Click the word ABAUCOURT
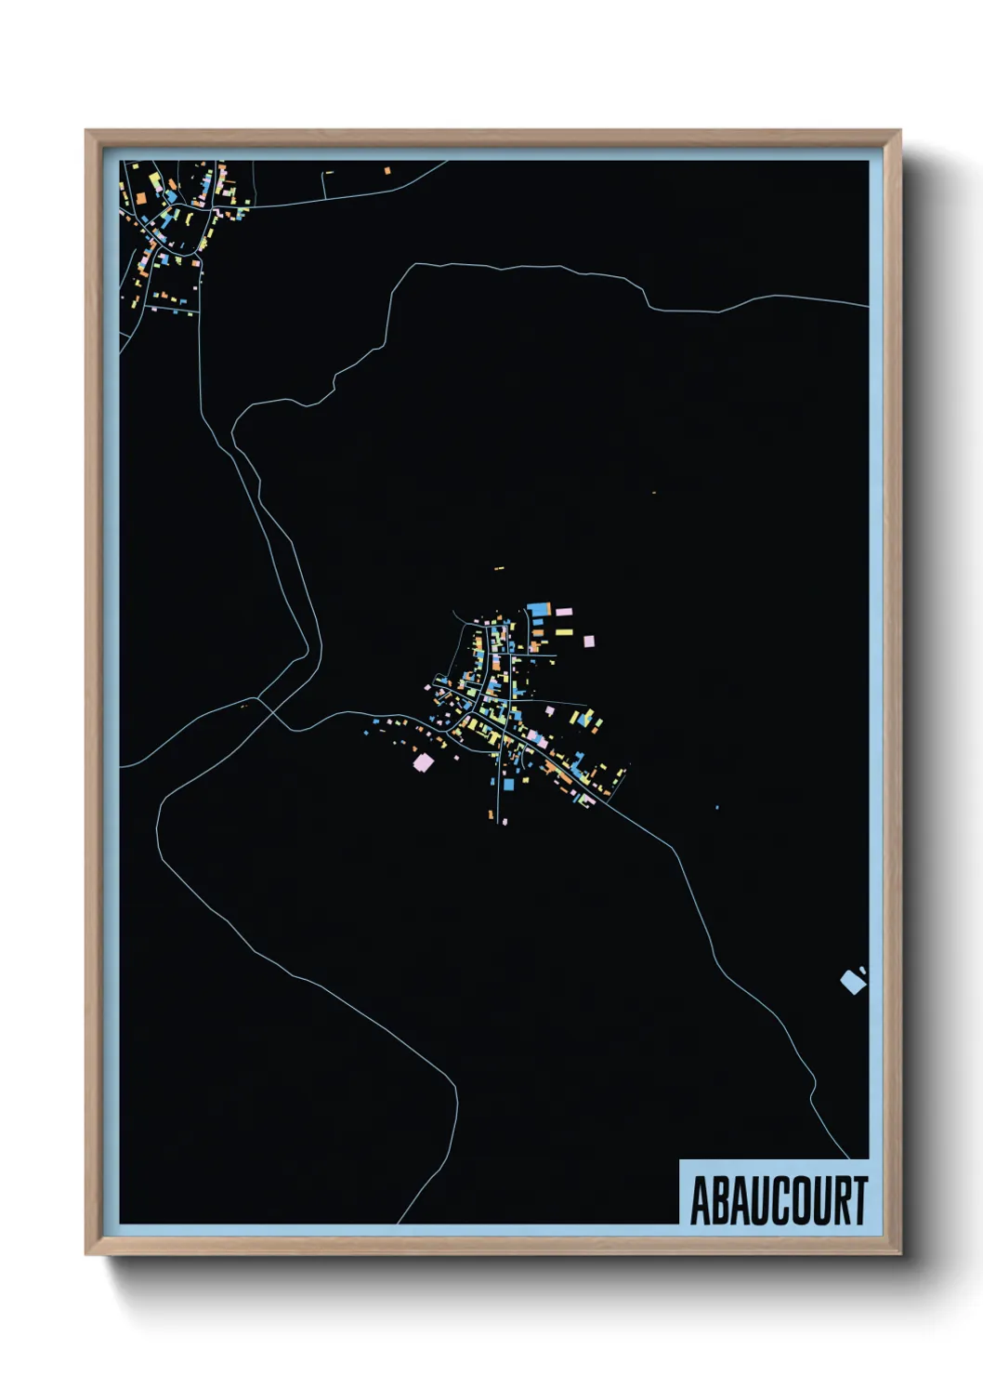click(x=779, y=1200)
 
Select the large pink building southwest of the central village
click(x=423, y=762)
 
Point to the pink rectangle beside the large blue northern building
click(x=563, y=612)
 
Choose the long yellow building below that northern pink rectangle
click(x=564, y=632)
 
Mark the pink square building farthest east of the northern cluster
click(x=587, y=642)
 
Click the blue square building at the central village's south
click(x=508, y=785)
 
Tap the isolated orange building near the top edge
click(x=387, y=170)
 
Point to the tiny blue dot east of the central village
click(x=717, y=807)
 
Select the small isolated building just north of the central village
click(x=499, y=568)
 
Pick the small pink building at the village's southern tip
click(x=505, y=821)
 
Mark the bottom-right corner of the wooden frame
click(x=899, y=1252)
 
